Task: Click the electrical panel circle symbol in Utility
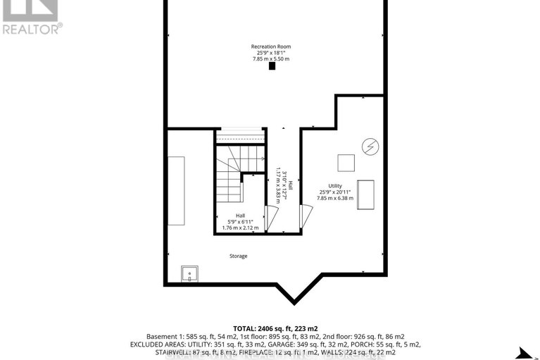tap(368, 147)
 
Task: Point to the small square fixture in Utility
tap(346, 162)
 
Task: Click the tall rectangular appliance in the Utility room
tap(367, 194)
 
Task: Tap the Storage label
tap(238, 256)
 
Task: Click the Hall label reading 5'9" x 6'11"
tap(240, 222)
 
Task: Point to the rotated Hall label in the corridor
tap(280, 182)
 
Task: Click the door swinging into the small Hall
tap(270, 215)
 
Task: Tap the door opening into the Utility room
tap(306, 216)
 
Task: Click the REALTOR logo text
tap(32, 29)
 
